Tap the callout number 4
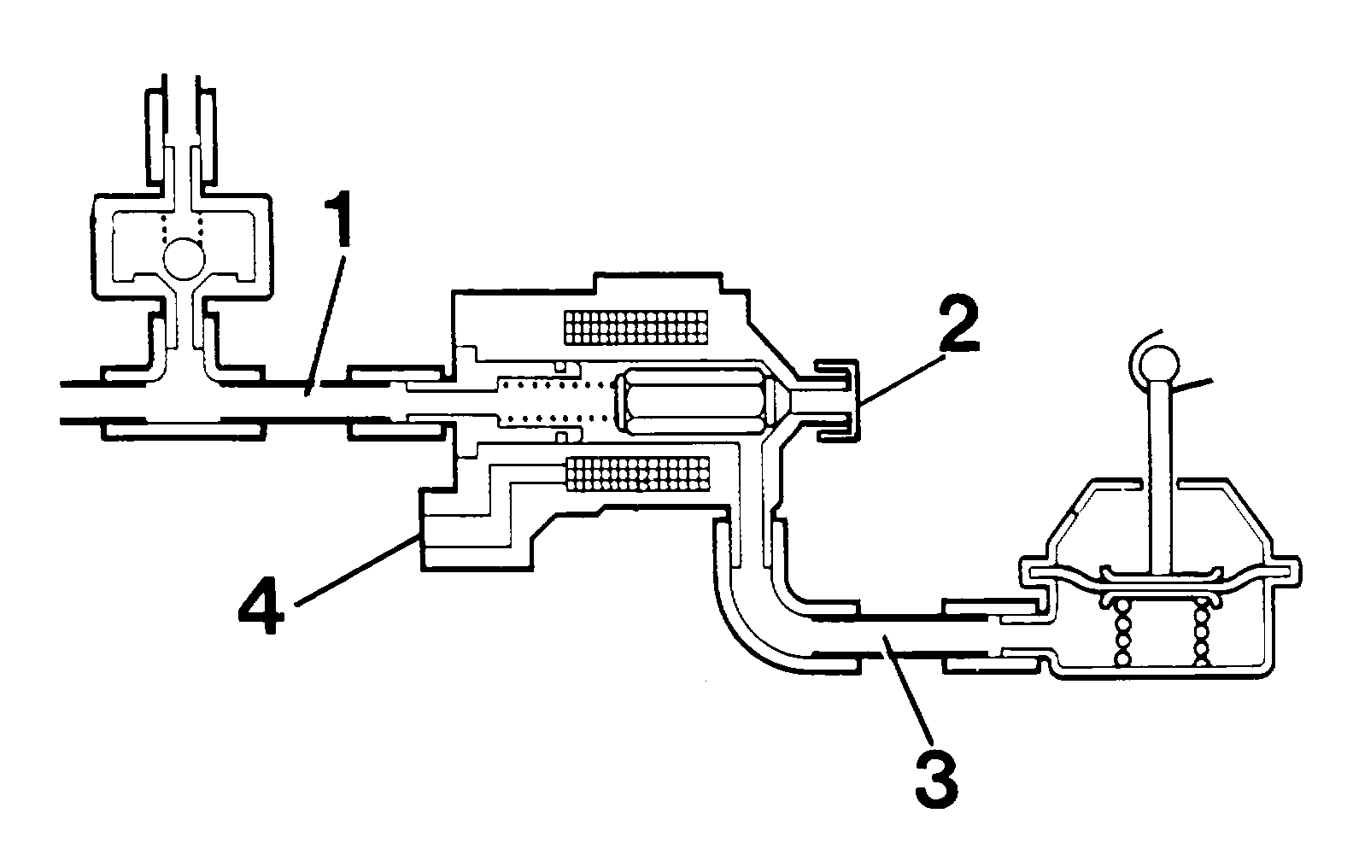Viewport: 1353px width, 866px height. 261,605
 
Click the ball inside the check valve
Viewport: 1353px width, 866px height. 184,258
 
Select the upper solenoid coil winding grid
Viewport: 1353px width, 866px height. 635,328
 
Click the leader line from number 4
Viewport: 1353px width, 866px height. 356,569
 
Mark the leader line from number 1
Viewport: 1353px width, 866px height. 325,326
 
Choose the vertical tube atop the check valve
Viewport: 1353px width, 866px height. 181,130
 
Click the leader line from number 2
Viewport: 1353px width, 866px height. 899,380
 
